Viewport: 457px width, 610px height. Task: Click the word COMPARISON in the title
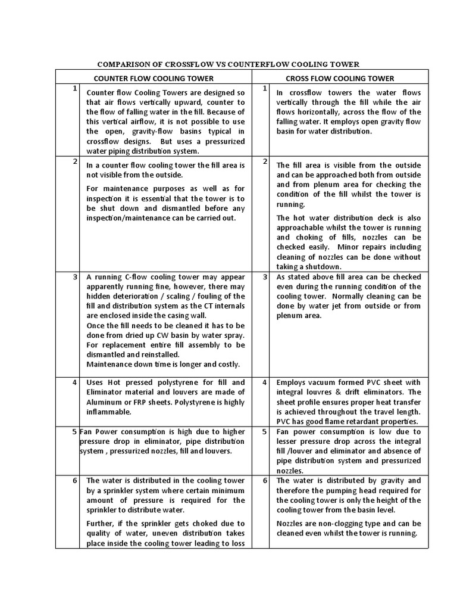coord(123,64)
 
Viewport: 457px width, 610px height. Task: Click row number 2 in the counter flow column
coord(75,161)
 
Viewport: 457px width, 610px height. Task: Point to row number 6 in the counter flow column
coord(75,480)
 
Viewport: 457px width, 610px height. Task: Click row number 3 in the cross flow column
coord(264,277)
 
